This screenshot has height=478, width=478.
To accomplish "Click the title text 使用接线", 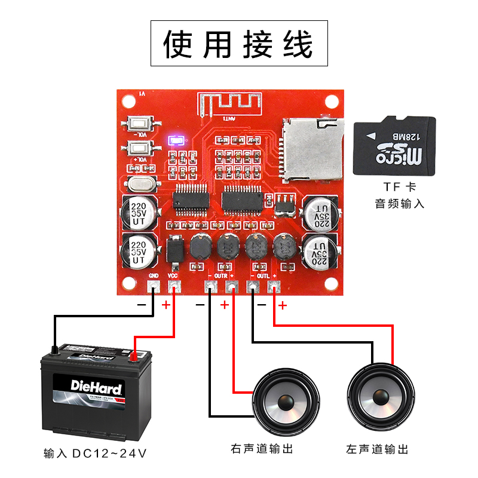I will coord(238,44).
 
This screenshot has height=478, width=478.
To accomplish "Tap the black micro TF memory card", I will coord(394,146).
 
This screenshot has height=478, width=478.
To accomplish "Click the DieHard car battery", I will coord(96,389).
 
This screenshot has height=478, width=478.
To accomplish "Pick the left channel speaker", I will coord(380,397).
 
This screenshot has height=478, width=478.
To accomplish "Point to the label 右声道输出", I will coord(262,449).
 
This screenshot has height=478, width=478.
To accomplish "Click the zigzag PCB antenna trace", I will coord(229,104).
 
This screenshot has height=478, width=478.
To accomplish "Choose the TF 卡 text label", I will coord(394,186).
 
